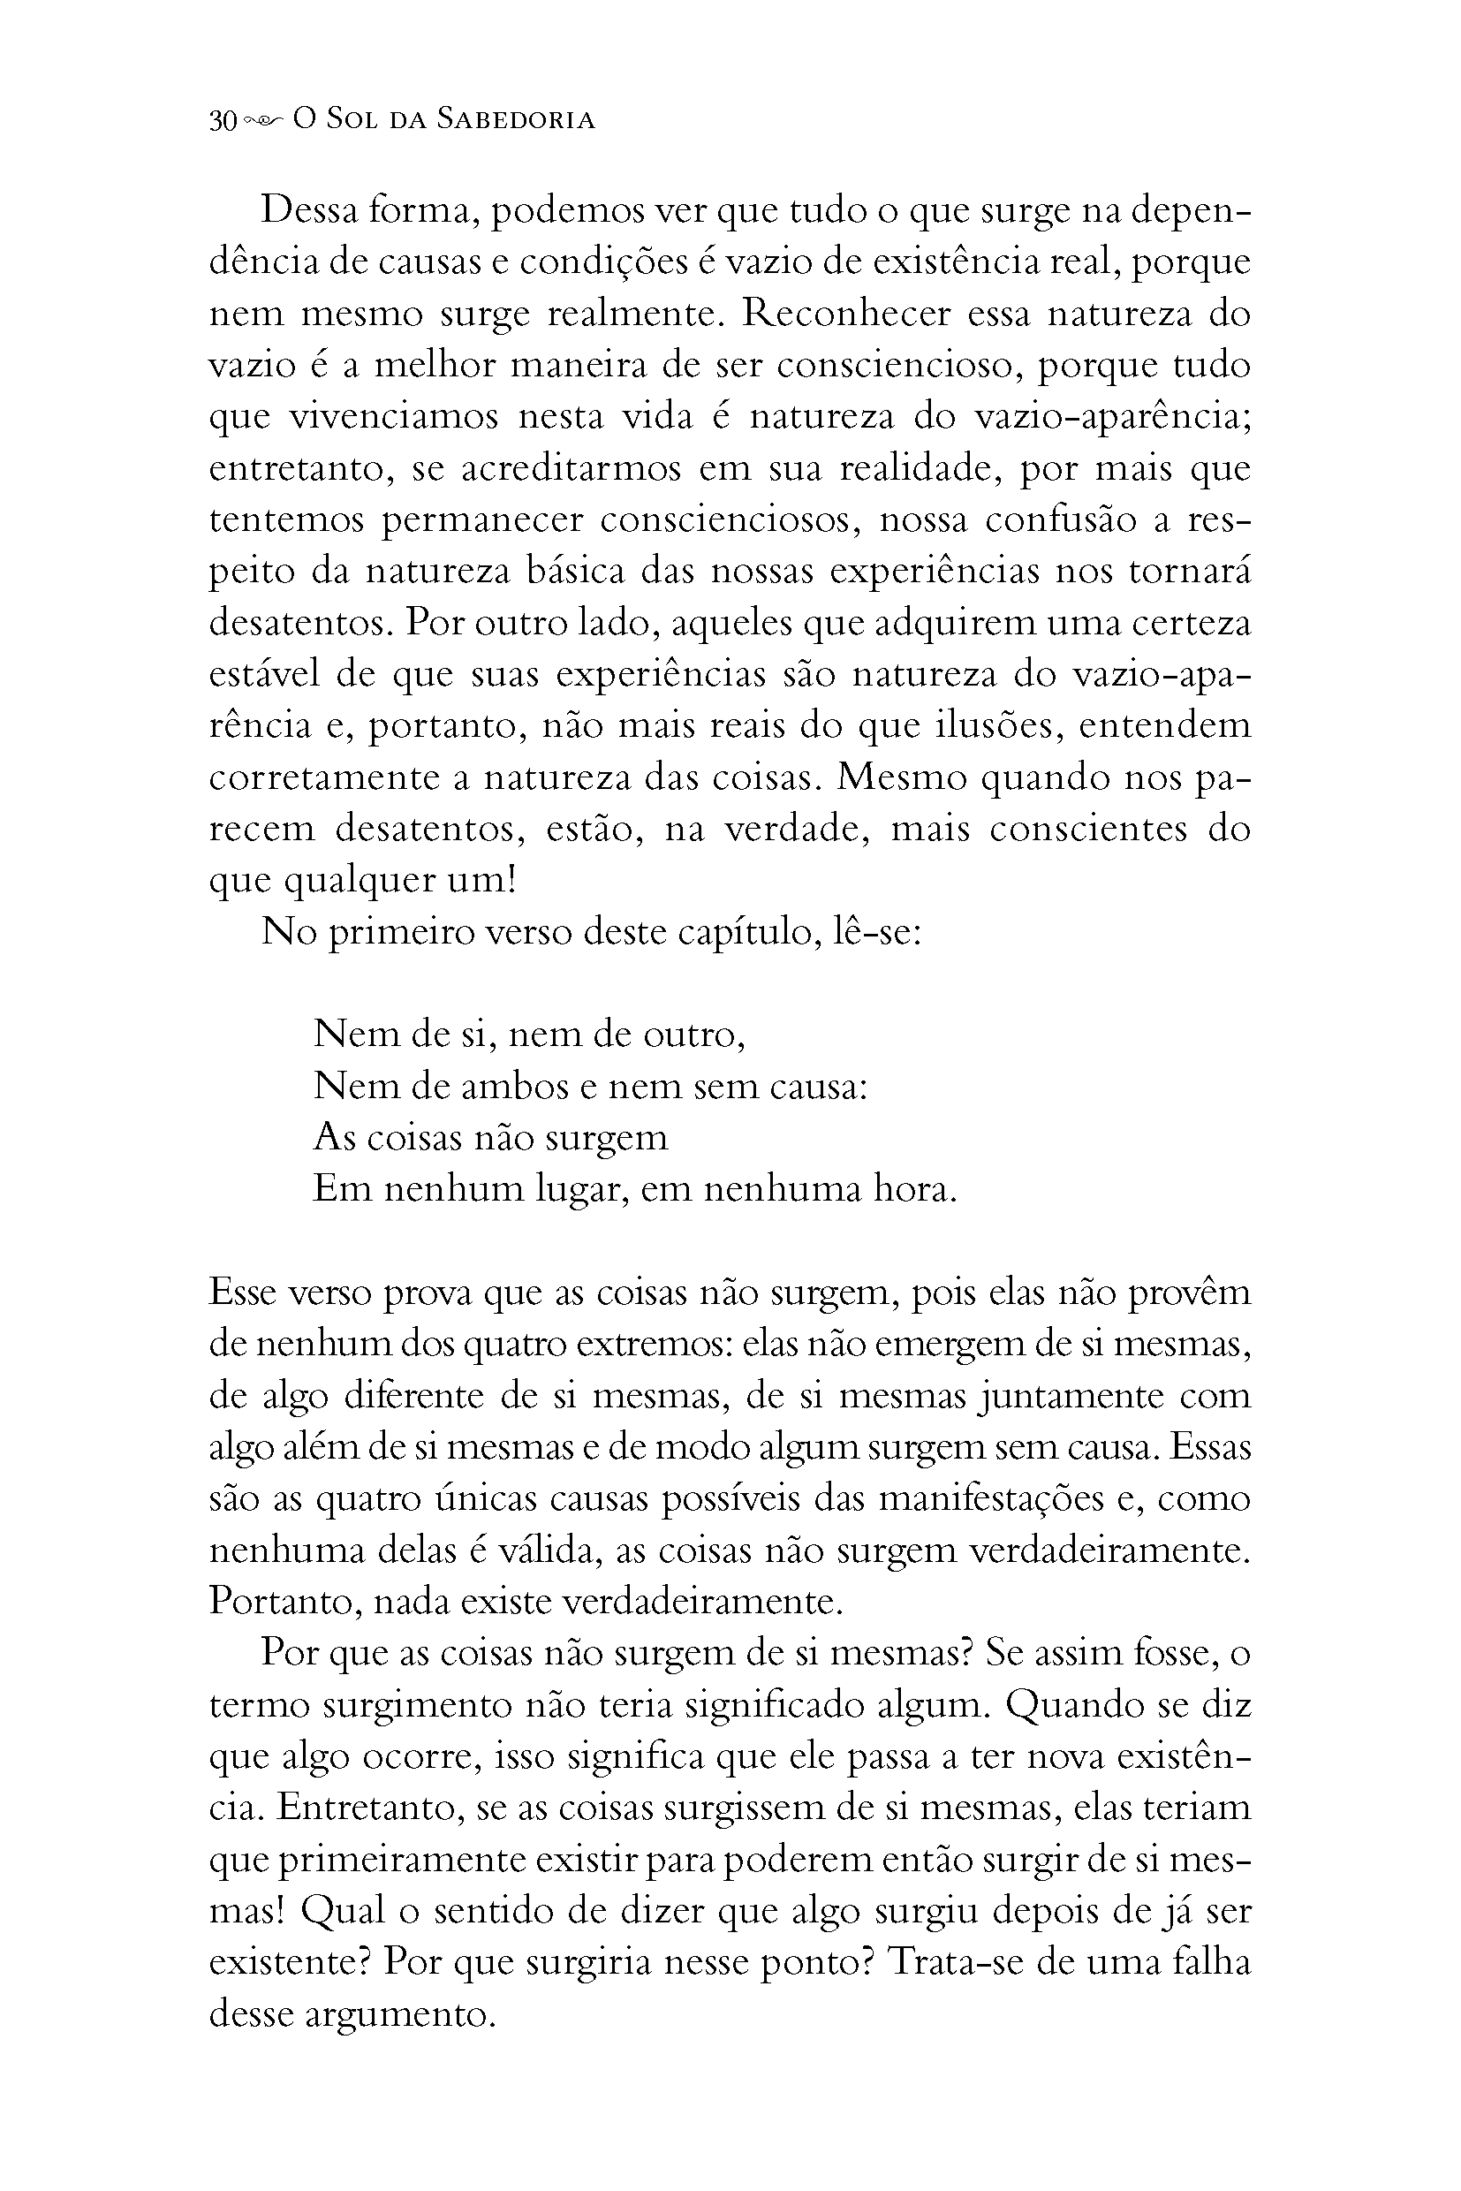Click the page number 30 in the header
223,121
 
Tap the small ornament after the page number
265,121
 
